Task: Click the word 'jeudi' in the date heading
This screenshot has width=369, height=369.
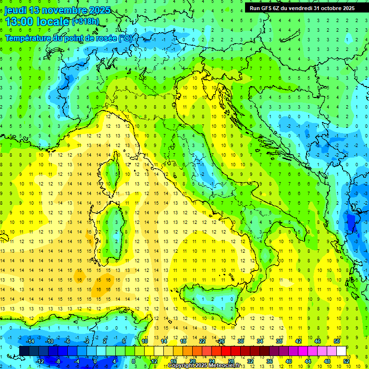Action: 15,10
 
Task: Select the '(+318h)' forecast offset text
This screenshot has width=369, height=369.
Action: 86,22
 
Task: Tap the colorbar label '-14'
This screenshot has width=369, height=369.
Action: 29,341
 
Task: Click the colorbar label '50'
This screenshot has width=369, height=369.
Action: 337,341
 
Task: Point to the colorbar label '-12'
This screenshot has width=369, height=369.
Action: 40,361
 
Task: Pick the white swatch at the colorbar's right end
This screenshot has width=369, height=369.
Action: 342,351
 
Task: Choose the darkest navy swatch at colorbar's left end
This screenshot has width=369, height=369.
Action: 25,351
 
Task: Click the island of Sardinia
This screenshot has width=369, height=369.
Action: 114,231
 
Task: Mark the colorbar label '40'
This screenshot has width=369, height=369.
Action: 289,361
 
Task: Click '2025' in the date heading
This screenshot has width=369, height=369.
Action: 99,10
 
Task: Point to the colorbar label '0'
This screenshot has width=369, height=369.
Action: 95,361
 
